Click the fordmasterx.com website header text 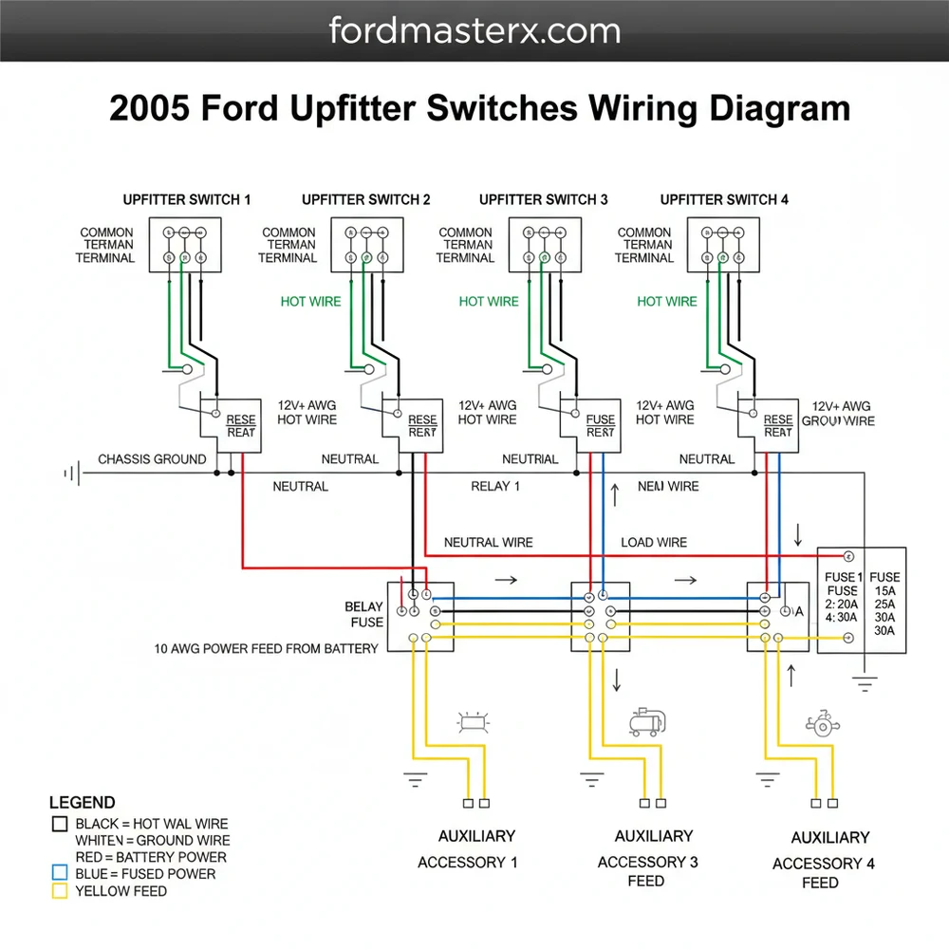pos(474,30)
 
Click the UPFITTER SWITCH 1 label pos(187,199)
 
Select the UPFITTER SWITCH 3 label pos(544,199)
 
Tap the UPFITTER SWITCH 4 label pos(724,199)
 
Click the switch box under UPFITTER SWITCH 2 pos(367,245)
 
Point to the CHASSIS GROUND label pos(152,459)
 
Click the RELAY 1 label pos(495,487)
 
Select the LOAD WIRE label pos(654,543)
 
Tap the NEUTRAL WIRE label pos(489,543)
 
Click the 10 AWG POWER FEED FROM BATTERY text pos(266,649)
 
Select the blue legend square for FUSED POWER pos(60,873)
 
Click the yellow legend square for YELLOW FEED pos(60,891)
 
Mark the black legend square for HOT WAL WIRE pos(60,824)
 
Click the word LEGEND pos(83,803)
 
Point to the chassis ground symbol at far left pos(69,472)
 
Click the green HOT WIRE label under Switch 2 pos(310,302)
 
